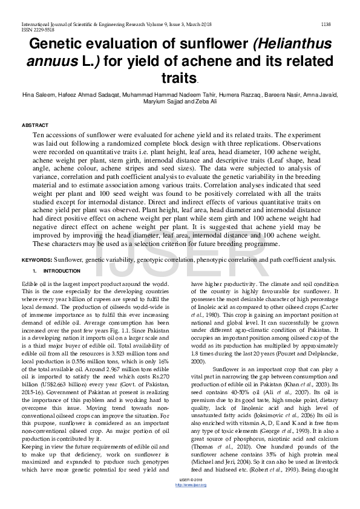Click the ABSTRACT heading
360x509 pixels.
point(35,125)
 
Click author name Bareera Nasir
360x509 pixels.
point(280,95)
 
